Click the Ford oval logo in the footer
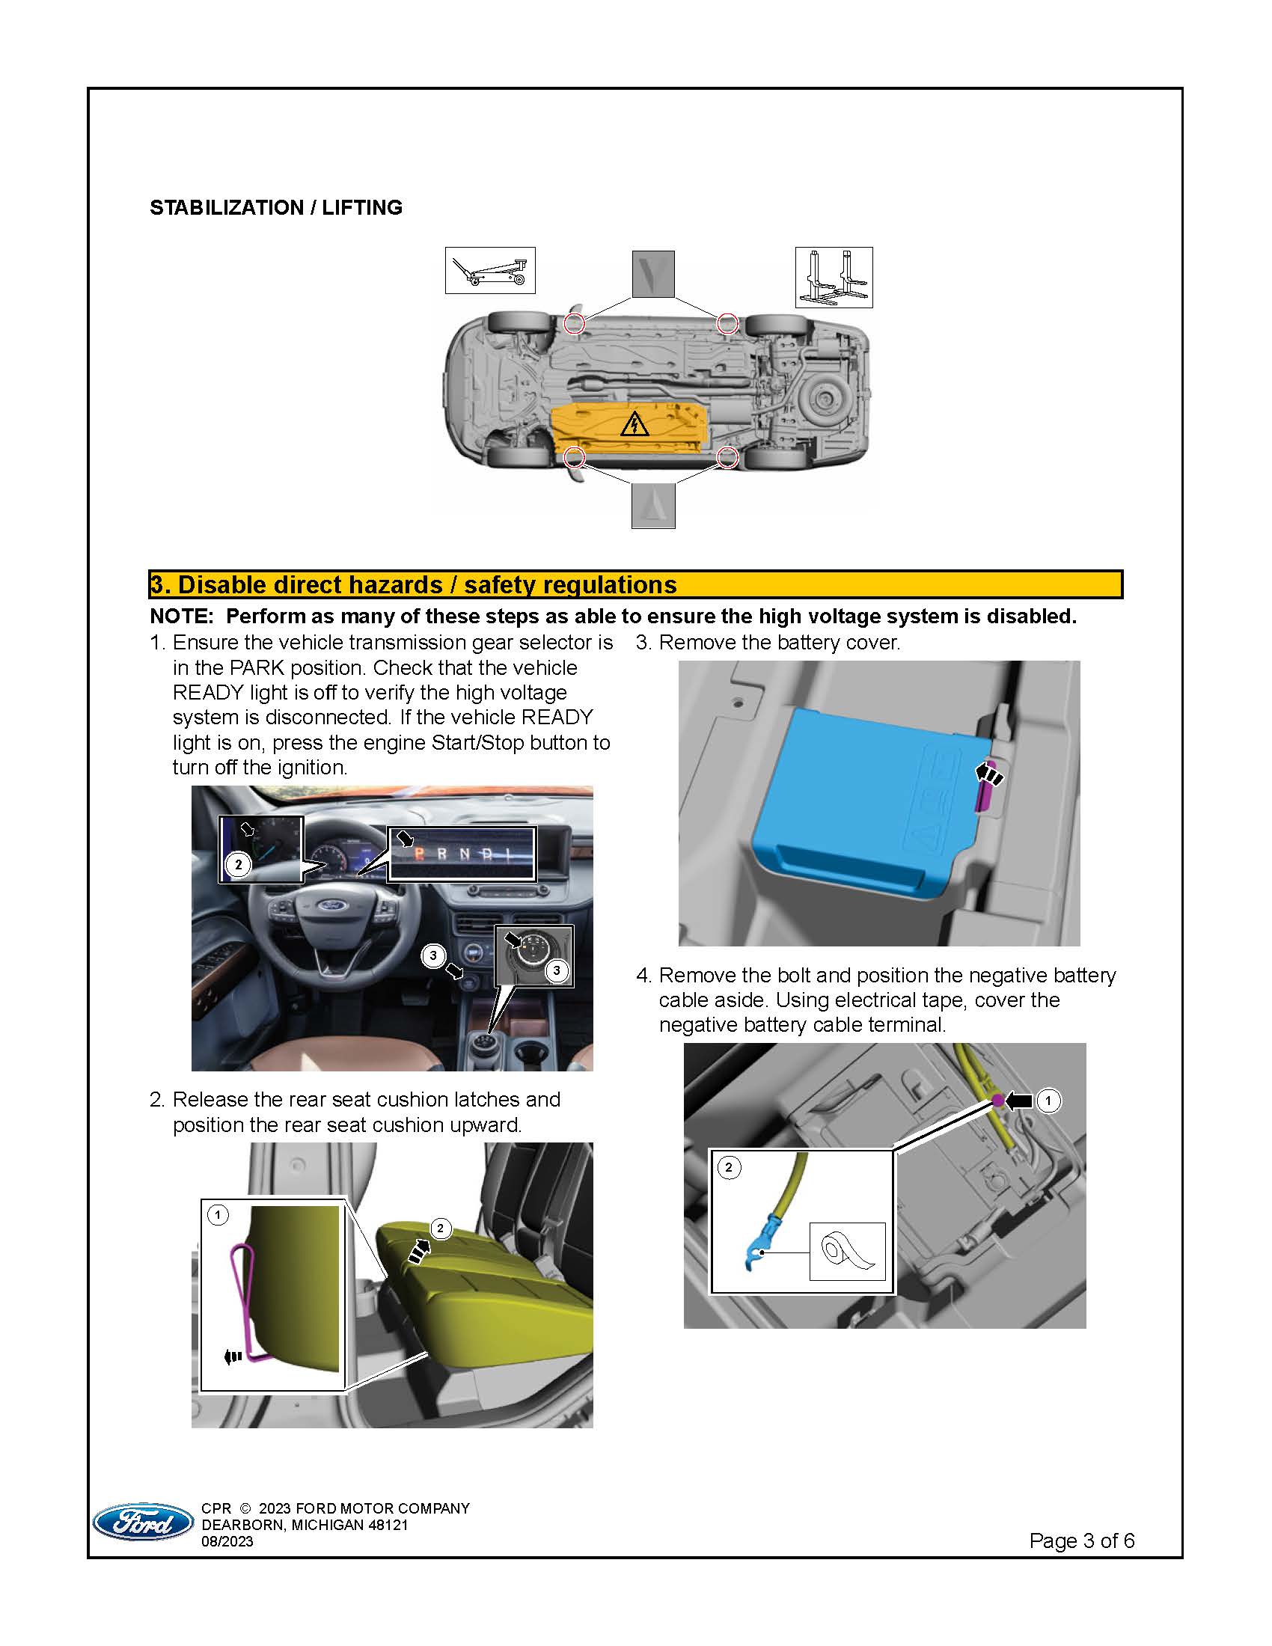[x=142, y=1522]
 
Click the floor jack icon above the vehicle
[x=490, y=270]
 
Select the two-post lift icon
[x=834, y=277]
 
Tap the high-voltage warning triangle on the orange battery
[x=634, y=424]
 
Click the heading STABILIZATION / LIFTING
[x=276, y=207]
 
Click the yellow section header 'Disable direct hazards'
[x=413, y=585]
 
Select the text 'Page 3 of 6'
[x=1081, y=1541]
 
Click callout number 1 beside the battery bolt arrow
[x=1048, y=1101]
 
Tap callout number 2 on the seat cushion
[x=441, y=1229]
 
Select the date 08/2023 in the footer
[x=227, y=1541]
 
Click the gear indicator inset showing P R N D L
[x=461, y=854]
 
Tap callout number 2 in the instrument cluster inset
[x=239, y=864]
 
